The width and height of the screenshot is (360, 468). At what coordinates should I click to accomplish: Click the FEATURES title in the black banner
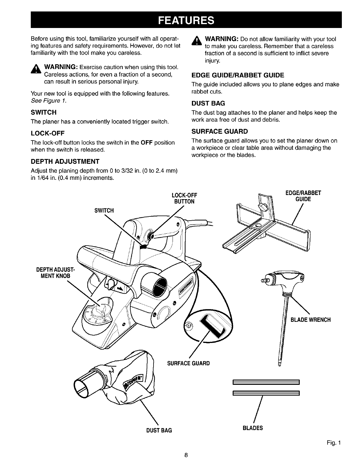[x=186, y=20]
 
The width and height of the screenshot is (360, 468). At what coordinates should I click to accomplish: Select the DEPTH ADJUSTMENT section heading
[x=65, y=162]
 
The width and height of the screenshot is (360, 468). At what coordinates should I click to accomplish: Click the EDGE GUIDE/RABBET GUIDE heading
[x=238, y=75]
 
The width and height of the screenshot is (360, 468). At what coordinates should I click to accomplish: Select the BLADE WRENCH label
[x=311, y=320]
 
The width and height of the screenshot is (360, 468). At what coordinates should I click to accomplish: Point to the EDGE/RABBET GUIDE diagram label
[x=303, y=196]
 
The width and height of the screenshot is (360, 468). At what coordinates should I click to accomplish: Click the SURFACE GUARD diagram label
[x=188, y=364]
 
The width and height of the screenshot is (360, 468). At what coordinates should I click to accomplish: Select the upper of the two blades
[x=265, y=382]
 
